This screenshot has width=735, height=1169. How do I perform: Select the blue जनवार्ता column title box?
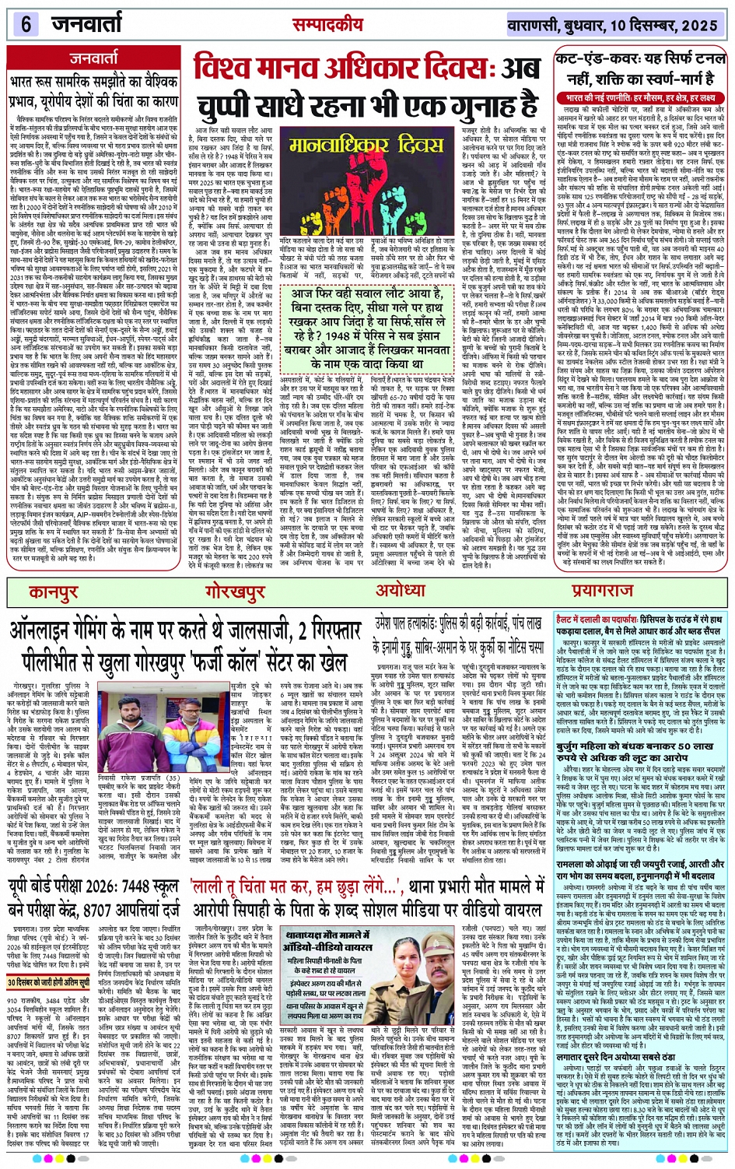tap(94, 58)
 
